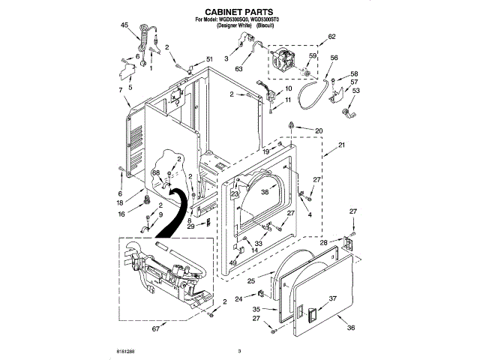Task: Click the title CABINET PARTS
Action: click(239, 12)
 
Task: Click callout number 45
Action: click(124, 26)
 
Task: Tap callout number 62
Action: click(332, 37)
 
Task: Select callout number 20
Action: click(318, 131)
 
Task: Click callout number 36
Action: click(350, 327)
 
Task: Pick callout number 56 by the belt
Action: click(334, 58)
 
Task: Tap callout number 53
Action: click(355, 91)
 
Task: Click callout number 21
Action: click(340, 145)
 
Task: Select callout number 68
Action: click(156, 173)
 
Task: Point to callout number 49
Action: click(232, 262)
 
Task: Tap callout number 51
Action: click(209, 59)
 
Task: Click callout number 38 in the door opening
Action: click(264, 191)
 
